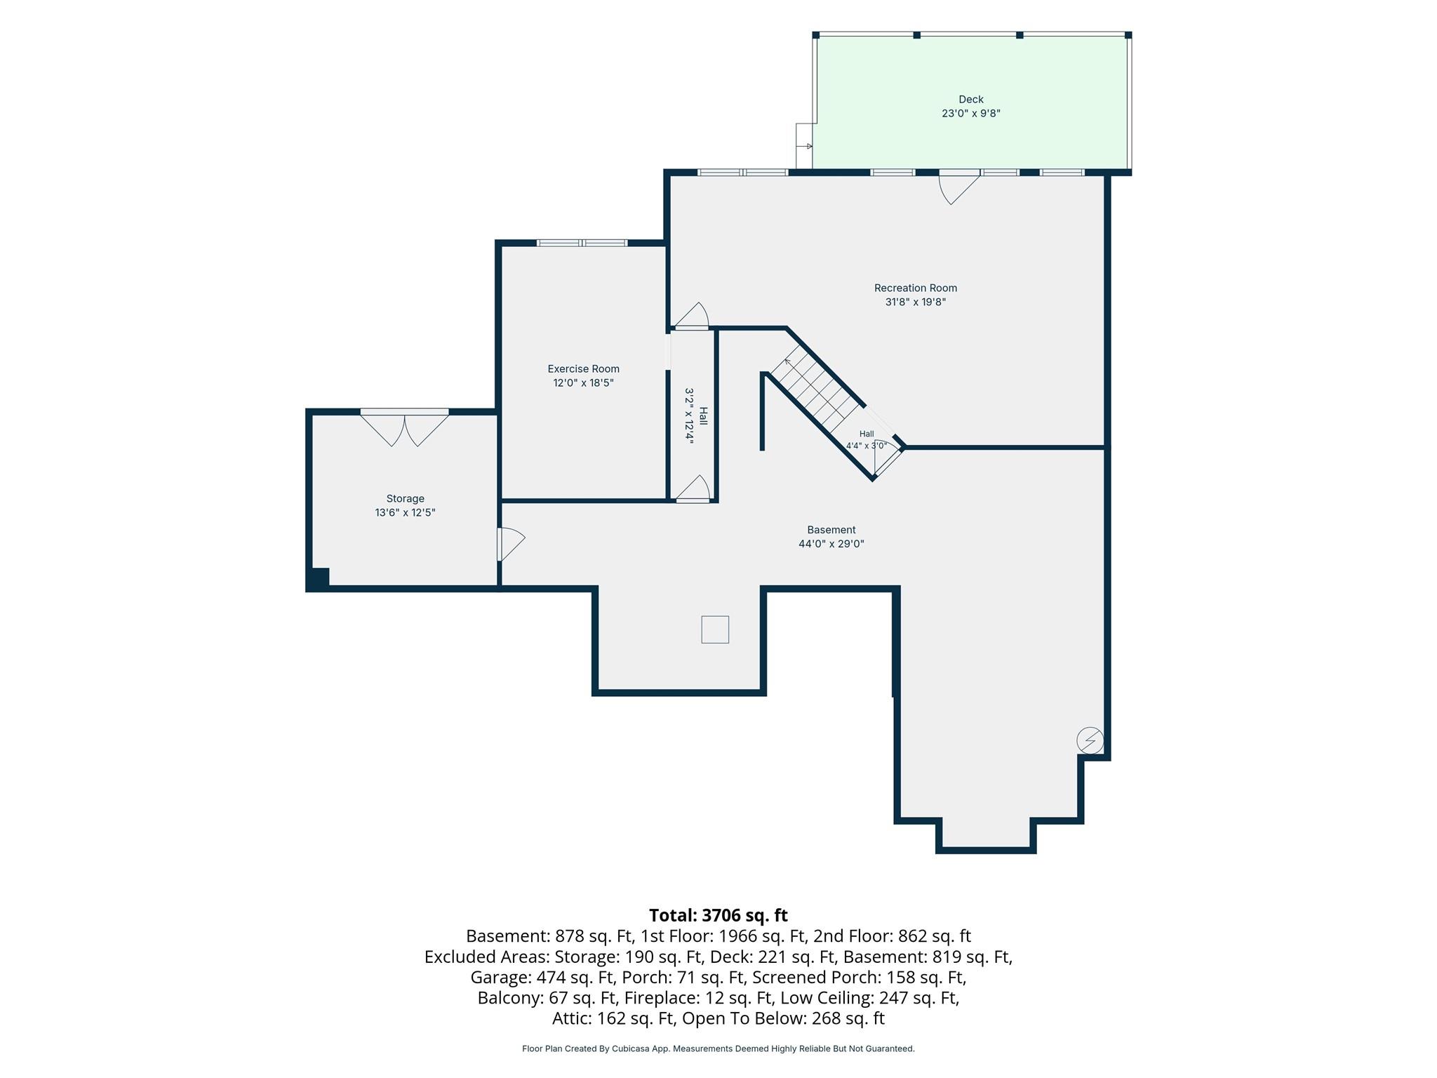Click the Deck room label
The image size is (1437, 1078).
click(971, 100)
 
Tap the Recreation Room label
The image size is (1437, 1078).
click(916, 288)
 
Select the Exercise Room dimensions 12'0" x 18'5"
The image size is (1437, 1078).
click(584, 382)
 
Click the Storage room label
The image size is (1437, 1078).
click(406, 499)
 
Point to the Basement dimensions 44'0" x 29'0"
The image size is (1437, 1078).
click(831, 544)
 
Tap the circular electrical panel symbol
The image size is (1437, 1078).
click(1090, 740)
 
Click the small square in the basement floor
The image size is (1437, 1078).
click(715, 630)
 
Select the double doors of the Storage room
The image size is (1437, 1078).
click(405, 428)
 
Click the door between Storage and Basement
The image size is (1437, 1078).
click(510, 544)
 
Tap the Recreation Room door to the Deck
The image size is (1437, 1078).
click(959, 186)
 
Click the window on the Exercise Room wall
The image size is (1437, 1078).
click(582, 243)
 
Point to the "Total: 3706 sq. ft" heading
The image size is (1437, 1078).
click(718, 915)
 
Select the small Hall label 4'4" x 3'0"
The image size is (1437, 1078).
click(867, 440)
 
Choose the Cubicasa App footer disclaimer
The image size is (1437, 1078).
click(718, 1049)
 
